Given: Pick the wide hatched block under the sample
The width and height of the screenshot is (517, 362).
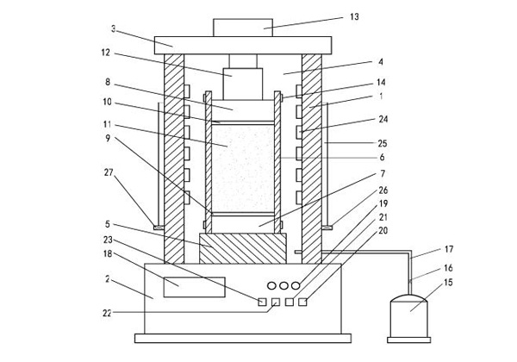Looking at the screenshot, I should pos(241,249).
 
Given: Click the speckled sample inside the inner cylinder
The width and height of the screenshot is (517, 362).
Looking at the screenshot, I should pos(241,168).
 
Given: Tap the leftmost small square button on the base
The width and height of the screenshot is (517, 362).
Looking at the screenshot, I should pos(260,301).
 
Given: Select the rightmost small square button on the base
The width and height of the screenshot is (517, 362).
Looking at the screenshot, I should pos(302,301).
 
